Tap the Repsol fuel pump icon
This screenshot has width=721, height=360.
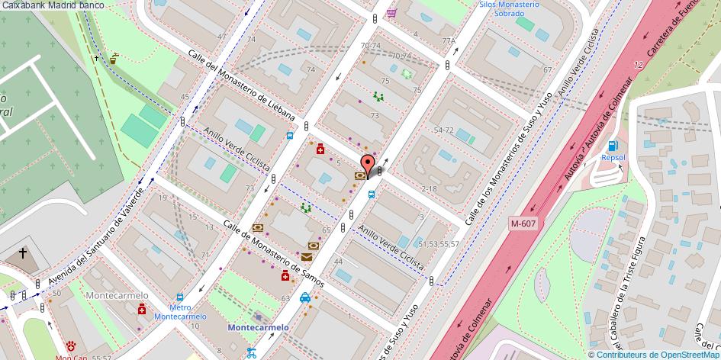tap(612, 146)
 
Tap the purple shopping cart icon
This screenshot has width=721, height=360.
tap(391, 13)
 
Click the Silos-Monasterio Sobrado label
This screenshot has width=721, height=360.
tap(509, 9)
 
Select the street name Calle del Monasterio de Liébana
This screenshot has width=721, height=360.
tap(240, 85)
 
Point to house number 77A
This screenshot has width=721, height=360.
tap(448, 41)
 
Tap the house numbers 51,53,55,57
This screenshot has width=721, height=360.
tap(439, 243)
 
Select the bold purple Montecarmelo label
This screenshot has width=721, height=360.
tap(258, 327)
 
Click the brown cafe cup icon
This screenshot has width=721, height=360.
tap(114, 56)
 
